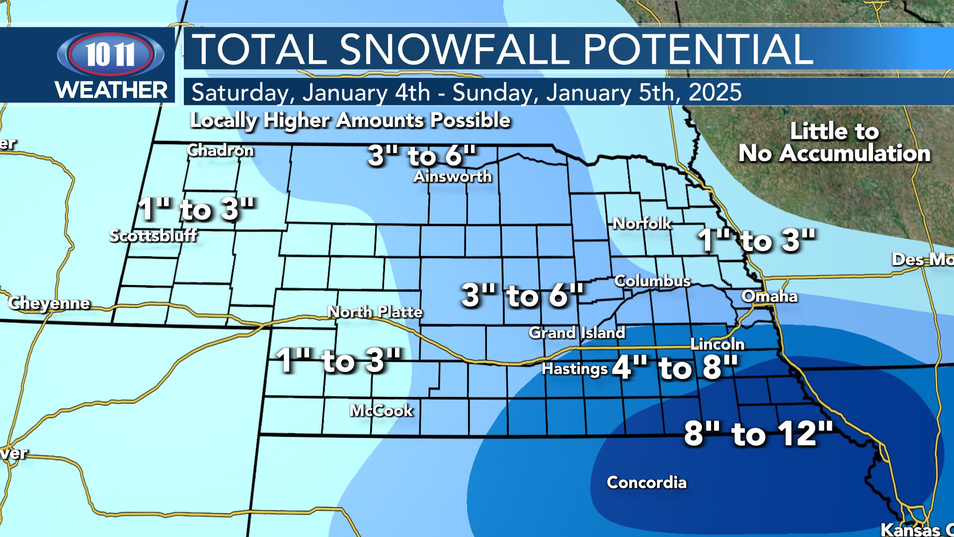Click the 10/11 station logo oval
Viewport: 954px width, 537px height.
[110, 54]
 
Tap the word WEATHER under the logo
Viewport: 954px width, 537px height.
[111, 90]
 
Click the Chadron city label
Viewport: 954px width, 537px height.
[220, 151]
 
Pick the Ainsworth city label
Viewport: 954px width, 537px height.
[453, 177]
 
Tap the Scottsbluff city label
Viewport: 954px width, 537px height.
[153, 235]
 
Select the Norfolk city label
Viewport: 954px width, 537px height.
[642, 224]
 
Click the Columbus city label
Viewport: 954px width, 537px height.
[652, 281]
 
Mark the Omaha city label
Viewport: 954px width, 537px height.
[769, 297]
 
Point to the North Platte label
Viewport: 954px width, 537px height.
[375, 312]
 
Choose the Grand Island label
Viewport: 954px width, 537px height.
[577, 333]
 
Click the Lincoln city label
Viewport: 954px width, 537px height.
[717, 344]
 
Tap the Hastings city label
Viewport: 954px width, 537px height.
[574, 369]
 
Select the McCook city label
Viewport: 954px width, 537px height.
[381, 411]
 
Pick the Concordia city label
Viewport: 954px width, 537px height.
[646, 482]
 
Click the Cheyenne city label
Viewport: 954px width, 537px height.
[49, 303]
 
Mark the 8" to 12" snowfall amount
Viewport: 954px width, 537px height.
[758, 434]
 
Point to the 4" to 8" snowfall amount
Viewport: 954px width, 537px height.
[674, 368]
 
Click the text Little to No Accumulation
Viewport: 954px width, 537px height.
[834, 143]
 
